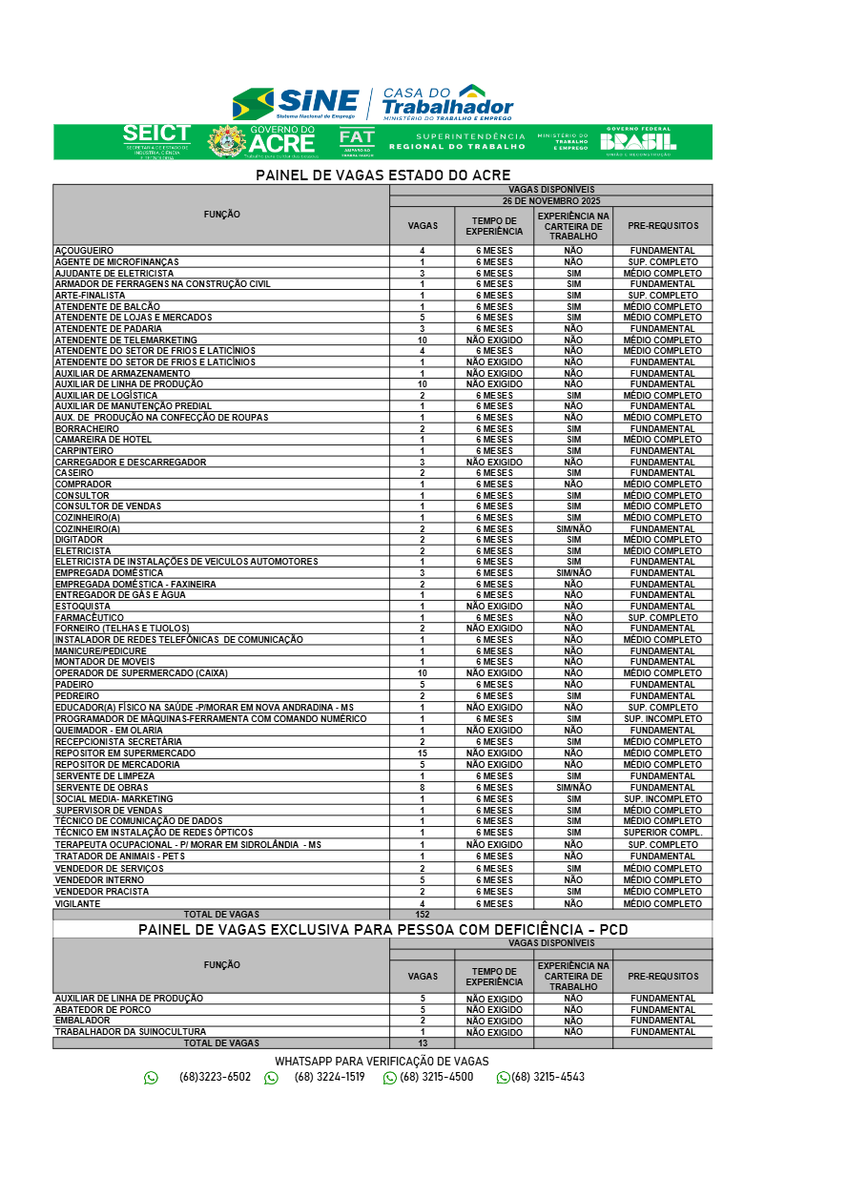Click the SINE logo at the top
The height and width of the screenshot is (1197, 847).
click(296, 103)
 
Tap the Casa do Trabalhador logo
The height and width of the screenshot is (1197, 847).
click(447, 102)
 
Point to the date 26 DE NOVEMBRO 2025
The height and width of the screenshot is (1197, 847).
click(550, 201)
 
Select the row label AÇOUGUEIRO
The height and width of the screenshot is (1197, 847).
click(84, 251)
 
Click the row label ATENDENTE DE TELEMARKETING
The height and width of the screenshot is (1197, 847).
click(126, 340)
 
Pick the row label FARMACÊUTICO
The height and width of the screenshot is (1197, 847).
click(89, 617)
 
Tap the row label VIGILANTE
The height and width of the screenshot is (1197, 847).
click(76, 903)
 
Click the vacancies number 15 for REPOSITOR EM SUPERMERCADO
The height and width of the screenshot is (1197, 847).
click(422, 753)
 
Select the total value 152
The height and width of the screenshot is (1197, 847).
click(422, 915)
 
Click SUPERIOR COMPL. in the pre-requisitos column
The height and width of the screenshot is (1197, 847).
click(663, 833)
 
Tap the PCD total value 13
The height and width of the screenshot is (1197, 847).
click(422, 1043)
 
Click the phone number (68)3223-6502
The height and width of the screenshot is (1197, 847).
click(215, 1077)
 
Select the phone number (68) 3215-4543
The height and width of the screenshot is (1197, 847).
click(547, 1077)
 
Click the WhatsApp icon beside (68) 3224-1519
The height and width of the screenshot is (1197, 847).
click(271, 1078)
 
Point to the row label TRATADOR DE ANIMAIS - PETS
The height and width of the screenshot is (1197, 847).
click(119, 856)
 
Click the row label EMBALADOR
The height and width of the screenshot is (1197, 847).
click(82, 1021)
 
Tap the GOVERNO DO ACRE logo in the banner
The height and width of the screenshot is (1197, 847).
click(262, 140)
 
